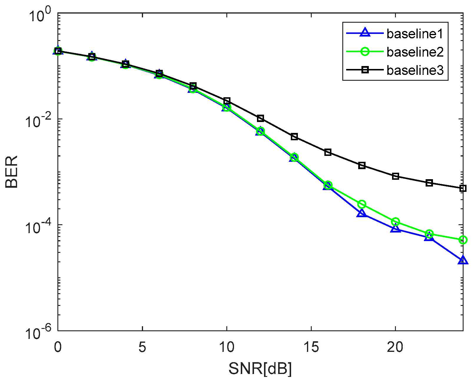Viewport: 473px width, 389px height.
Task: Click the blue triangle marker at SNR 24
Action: (x=463, y=260)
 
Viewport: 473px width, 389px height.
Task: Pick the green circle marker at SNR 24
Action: (x=463, y=240)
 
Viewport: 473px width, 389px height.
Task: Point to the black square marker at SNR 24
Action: (x=463, y=188)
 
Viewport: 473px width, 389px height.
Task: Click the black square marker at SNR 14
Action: (x=294, y=136)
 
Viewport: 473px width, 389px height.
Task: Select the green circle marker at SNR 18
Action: (x=362, y=204)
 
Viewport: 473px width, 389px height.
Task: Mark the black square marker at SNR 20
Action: (x=396, y=176)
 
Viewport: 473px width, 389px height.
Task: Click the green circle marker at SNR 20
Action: (x=396, y=222)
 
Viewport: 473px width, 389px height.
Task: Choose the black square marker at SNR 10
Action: (x=227, y=101)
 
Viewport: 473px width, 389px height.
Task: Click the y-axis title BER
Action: (x=12, y=172)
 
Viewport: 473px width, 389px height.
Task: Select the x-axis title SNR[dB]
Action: (x=260, y=368)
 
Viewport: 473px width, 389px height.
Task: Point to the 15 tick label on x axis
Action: (x=311, y=347)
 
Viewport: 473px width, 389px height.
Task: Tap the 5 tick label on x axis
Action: (x=142, y=347)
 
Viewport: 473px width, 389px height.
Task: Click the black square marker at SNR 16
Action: (x=328, y=152)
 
